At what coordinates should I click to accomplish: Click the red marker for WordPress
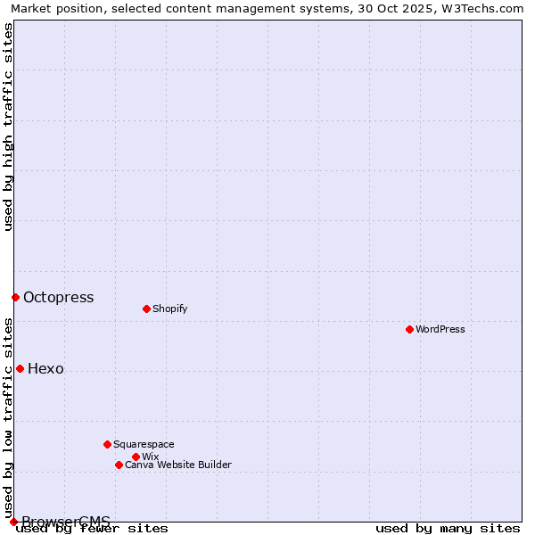[x=409, y=329]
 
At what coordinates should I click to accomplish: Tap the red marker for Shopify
[x=146, y=309]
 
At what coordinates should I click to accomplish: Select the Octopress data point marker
[x=15, y=297]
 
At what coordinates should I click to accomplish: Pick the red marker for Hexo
[x=20, y=368]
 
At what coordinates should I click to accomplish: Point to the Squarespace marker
[x=107, y=444]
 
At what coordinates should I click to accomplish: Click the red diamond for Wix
[x=136, y=457]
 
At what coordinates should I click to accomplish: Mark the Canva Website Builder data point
[x=119, y=465]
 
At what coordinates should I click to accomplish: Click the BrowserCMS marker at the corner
[x=13, y=522]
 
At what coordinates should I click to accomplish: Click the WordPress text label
[x=440, y=329]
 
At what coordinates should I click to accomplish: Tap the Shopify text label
[x=169, y=309]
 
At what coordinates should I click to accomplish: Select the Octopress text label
[x=58, y=297]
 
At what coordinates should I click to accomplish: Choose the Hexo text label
[x=45, y=368]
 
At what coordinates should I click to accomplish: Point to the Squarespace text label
[x=144, y=444]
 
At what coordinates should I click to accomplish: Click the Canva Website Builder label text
[x=178, y=465]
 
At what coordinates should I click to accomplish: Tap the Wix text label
[x=150, y=457]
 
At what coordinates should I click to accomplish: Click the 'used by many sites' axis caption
[x=448, y=528]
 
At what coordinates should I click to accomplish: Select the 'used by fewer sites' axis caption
[x=92, y=528]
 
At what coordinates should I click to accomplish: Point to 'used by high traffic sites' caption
[x=8, y=127]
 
